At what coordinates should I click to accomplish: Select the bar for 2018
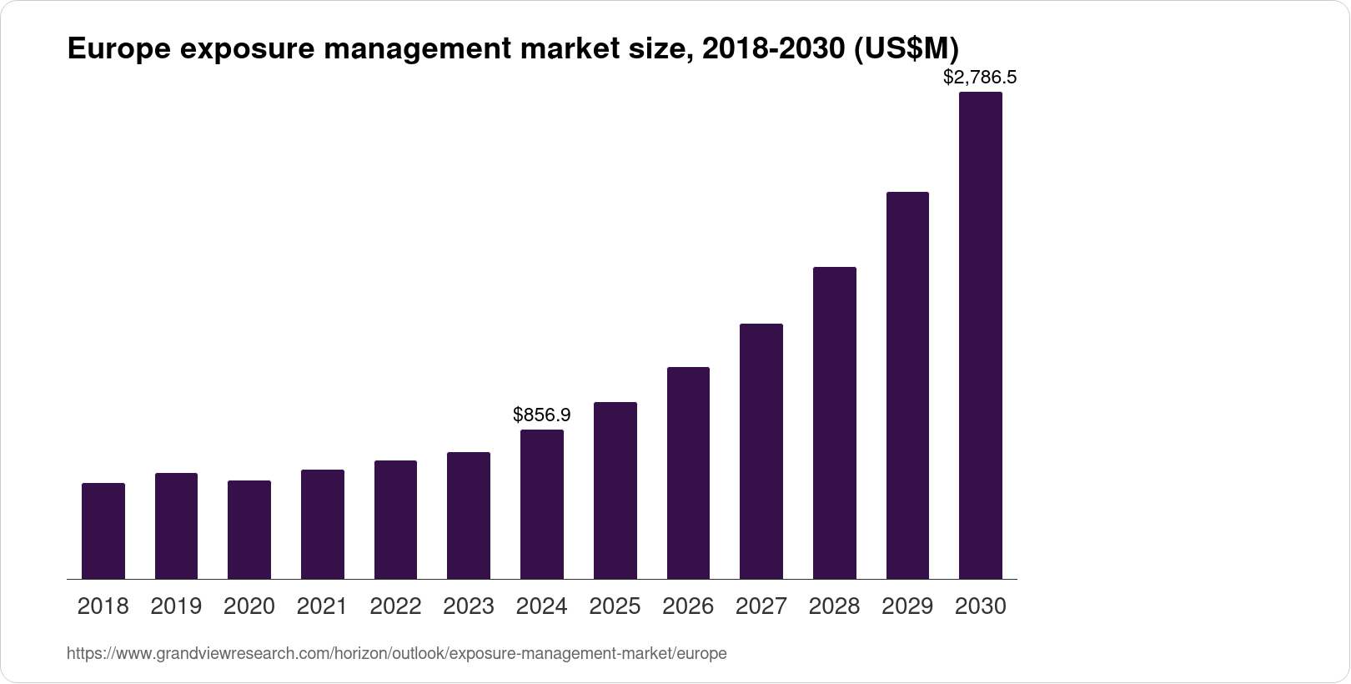103,531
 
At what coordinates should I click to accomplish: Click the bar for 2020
249,530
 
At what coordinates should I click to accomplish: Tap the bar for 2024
541,504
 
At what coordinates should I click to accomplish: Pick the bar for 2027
761,451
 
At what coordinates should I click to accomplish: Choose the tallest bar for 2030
981,335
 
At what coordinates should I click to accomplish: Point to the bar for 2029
907,385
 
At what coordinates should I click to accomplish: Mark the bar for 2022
395,520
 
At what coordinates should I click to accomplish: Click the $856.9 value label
541,415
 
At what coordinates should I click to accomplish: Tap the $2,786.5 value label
980,78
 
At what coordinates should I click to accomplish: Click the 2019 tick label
176,606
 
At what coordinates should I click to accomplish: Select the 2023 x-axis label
469,606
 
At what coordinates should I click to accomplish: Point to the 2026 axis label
688,606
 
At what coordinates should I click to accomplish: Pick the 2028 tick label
834,606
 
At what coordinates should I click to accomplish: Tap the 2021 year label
322,606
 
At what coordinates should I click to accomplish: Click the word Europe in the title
118,48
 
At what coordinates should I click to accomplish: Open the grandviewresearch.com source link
396,654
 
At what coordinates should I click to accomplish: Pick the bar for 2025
615,490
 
